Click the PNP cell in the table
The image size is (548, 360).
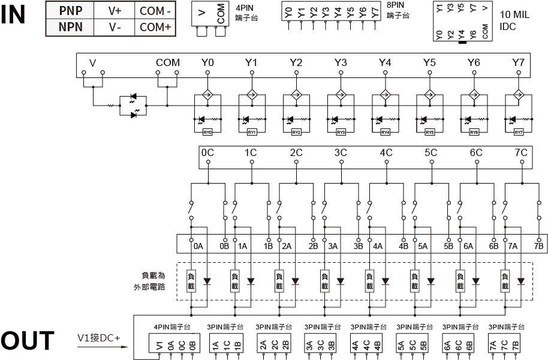(71, 10)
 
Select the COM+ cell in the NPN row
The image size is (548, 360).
(155, 27)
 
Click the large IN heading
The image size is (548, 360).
(22, 14)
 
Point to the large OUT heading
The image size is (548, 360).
(27, 341)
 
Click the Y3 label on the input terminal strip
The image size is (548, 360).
(341, 62)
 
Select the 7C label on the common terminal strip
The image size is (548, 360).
(520, 152)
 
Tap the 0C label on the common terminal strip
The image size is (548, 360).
(207, 152)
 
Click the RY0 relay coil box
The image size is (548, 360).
(207, 132)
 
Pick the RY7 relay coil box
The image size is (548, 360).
(519, 132)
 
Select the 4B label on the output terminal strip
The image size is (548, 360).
(404, 246)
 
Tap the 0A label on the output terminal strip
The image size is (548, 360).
(198, 246)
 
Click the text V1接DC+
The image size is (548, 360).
(98, 338)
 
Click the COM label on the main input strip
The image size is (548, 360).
(167, 62)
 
